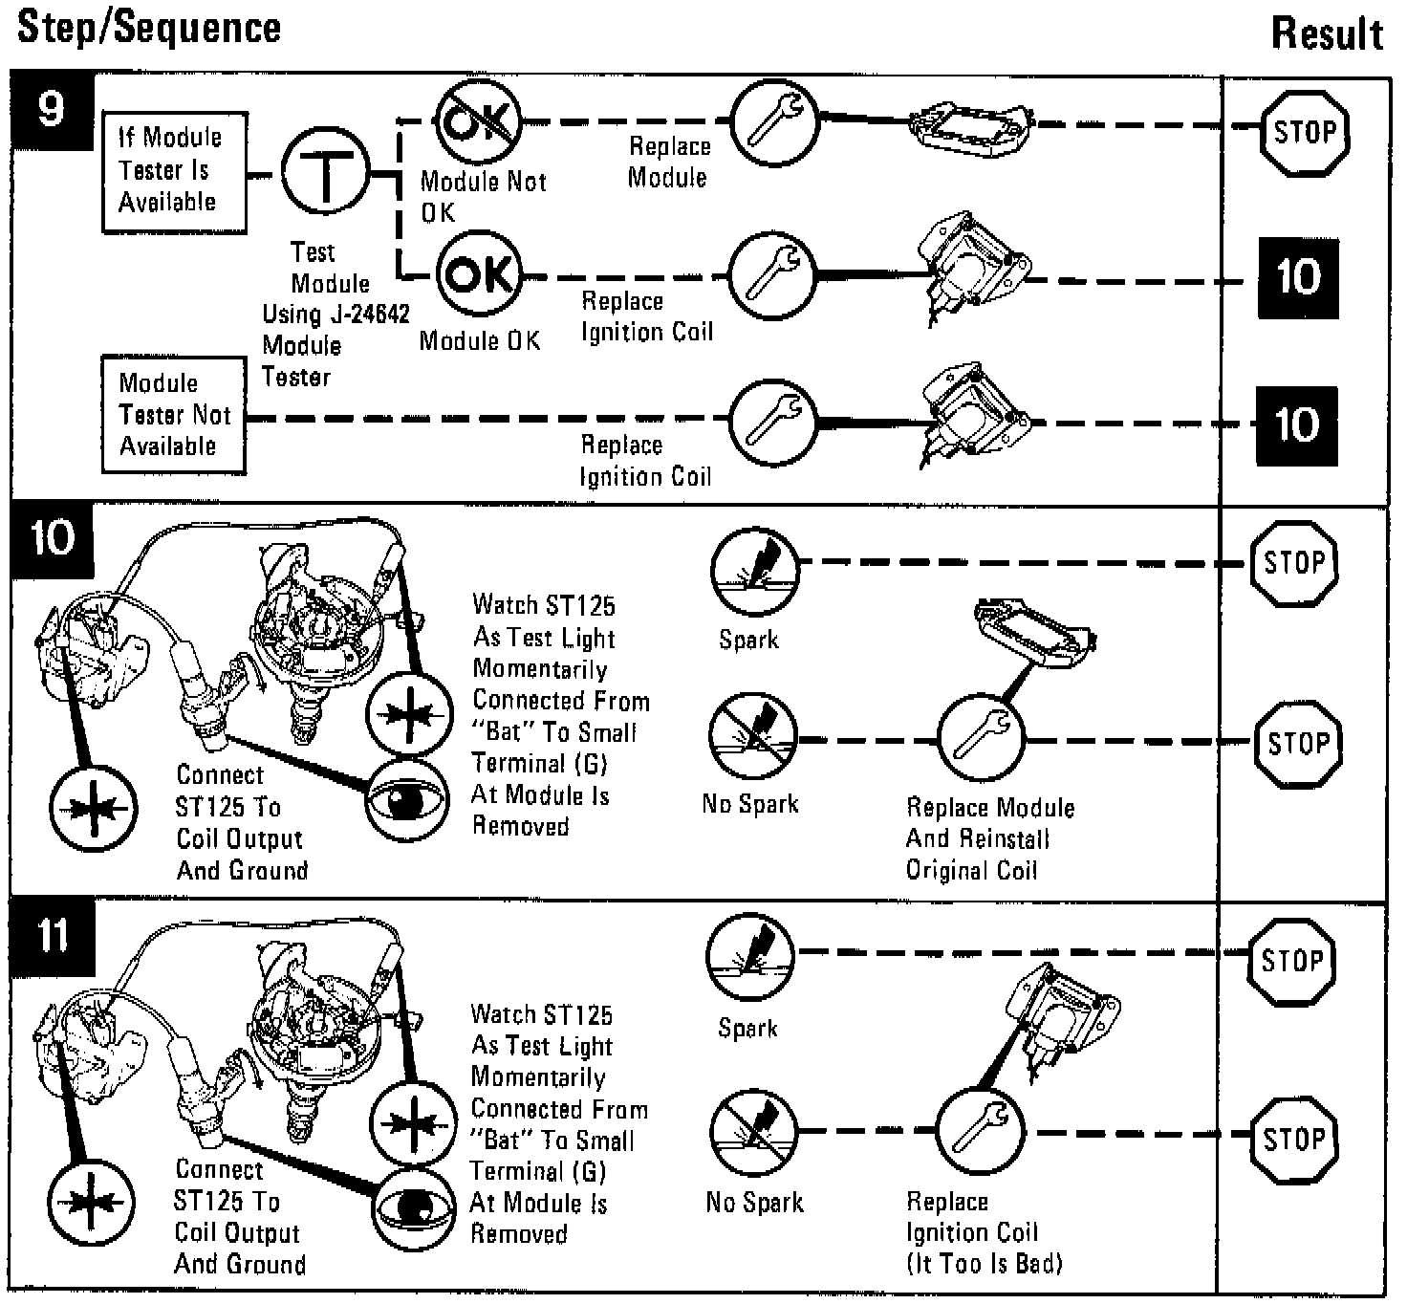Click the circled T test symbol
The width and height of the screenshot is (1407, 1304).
click(325, 173)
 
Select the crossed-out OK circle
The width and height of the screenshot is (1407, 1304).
click(478, 121)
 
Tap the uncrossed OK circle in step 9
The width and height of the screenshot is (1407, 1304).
click(479, 274)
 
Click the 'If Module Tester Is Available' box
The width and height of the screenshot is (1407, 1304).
click(174, 172)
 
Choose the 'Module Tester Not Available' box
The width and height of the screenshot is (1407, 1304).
click(173, 415)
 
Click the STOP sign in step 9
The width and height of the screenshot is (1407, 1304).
click(1304, 132)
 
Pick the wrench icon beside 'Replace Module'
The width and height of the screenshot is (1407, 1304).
click(774, 121)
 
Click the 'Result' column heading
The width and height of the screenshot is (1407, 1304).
click(1327, 34)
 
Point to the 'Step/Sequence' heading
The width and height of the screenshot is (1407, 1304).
click(149, 27)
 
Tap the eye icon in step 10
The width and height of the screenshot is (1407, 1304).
click(407, 801)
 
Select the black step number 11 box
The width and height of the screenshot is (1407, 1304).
click(53, 935)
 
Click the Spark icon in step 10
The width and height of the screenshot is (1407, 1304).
click(754, 569)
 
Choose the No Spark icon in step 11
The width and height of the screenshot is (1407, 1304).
click(753, 1133)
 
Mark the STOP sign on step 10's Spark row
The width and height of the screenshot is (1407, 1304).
click(1293, 562)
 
